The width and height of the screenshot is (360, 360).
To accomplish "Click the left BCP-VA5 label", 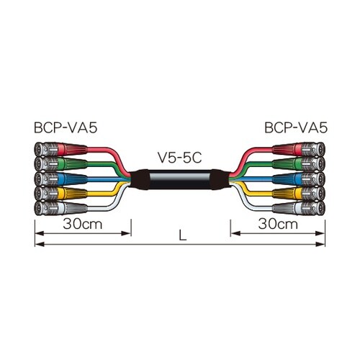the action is [x=66, y=127].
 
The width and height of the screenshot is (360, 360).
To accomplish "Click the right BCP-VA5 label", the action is [x=296, y=127].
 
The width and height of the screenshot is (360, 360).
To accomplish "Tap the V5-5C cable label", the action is [x=180, y=158].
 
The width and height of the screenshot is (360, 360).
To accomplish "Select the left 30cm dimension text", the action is [x=83, y=224].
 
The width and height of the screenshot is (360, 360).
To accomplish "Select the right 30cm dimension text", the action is [x=278, y=224].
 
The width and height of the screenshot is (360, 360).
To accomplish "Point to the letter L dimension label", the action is [x=183, y=235].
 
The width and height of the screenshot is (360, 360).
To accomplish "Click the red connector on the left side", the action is [x=60, y=149].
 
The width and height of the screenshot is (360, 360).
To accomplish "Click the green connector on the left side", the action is [x=60, y=164].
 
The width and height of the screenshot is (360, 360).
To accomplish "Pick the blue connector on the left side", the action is [x=60, y=179].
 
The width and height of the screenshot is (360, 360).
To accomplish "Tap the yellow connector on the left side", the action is [x=60, y=193].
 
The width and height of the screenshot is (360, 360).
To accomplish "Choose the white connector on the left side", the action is [x=60, y=207].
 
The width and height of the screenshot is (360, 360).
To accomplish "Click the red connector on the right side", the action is [x=299, y=149].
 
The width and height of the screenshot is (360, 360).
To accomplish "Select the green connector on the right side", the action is [x=299, y=164].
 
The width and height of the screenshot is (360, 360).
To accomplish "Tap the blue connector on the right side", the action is [x=299, y=179].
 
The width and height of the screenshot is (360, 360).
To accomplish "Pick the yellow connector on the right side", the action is [x=299, y=193].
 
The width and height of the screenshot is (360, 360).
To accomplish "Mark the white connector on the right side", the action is [x=299, y=207].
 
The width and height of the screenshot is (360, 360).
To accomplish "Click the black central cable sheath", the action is [x=180, y=180].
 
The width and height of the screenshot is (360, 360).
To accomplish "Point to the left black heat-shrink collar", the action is [x=139, y=180].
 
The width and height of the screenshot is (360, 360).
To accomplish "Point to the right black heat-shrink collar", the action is [x=220, y=180].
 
